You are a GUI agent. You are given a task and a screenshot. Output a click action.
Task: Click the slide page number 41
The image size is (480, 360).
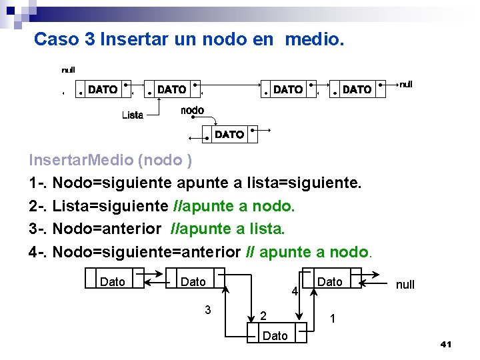click(x=446, y=344)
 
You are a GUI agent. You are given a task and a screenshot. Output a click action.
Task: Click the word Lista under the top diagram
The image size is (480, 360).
click(x=133, y=115)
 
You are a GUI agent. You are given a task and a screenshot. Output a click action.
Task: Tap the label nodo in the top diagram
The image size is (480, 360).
click(x=193, y=110)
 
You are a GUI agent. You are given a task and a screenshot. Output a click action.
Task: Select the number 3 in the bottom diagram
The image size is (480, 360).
click(x=208, y=309)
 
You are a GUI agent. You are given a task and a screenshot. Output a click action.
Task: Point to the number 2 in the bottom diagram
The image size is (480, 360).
click(x=263, y=315)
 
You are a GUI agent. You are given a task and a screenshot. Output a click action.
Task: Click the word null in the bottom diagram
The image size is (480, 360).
click(x=405, y=285)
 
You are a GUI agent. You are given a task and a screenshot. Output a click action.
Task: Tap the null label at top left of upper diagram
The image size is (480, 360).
click(x=68, y=70)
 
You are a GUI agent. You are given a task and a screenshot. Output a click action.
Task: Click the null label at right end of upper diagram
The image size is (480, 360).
click(x=405, y=84)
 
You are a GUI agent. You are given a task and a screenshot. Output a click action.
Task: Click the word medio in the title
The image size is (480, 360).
click(x=314, y=39)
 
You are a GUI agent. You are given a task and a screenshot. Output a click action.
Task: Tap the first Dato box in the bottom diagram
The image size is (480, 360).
click(x=113, y=282)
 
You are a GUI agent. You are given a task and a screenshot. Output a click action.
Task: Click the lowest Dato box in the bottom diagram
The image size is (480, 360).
click(x=276, y=335)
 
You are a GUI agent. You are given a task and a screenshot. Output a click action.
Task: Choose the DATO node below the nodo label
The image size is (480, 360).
click(x=229, y=135)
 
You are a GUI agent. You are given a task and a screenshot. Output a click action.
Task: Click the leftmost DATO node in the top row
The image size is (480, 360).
click(x=103, y=89)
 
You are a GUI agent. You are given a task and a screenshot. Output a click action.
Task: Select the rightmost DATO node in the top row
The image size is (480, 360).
click(x=357, y=89)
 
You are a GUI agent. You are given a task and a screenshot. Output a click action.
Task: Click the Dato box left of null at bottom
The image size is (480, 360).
click(x=330, y=282)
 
